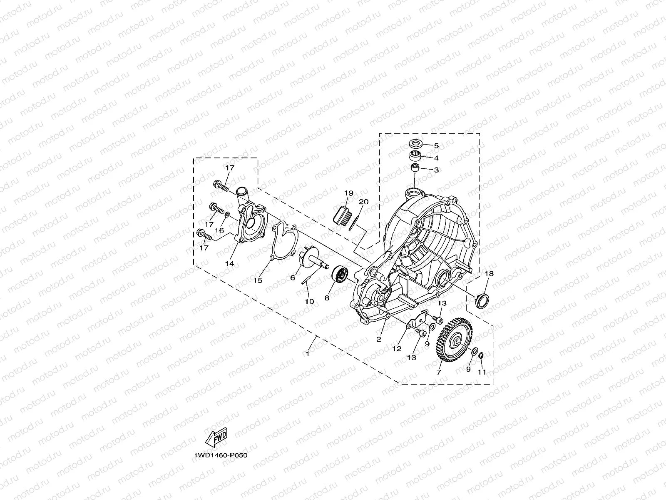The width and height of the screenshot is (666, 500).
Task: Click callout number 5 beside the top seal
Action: click(x=436, y=146)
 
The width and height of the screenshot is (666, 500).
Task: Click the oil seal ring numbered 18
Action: click(x=483, y=301)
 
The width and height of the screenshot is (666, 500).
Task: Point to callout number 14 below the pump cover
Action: click(x=230, y=263)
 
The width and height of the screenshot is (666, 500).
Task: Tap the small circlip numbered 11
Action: click(x=480, y=355)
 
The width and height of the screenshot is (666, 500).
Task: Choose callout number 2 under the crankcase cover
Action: click(x=379, y=339)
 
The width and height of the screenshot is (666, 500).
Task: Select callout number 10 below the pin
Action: click(x=309, y=301)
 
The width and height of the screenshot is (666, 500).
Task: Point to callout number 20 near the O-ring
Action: click(x=363, y=202)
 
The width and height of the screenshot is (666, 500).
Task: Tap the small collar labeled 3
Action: click(x=415, y=169)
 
